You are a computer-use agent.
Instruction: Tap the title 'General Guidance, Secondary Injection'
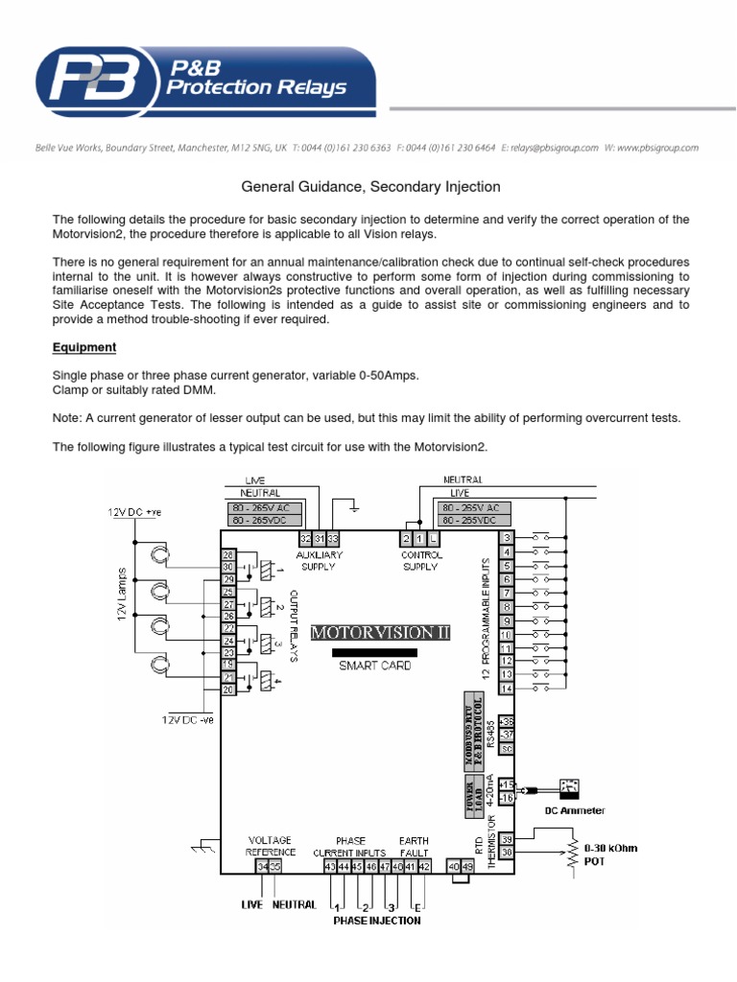[x=368, y=187]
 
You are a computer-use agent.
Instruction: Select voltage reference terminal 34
[x=262, y=867]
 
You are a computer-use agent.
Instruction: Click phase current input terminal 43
[x=330, y=867]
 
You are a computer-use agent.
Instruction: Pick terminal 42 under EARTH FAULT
[x=424, y=867]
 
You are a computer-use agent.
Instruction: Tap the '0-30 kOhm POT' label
[x=610, y=854]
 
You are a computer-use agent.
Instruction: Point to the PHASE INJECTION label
[x=376, y=921]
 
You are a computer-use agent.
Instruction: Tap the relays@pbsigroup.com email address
[x=555, y=149]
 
